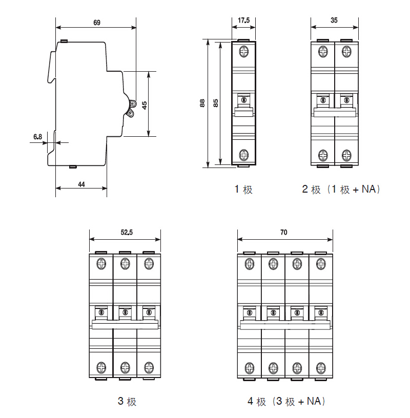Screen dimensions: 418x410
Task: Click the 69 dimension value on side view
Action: [96, 22]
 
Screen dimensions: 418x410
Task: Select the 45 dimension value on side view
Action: [145, 104]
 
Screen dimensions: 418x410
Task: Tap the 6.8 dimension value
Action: [37, 136]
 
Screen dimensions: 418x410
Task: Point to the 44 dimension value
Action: [81, 183]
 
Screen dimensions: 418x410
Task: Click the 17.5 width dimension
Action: [244, 21]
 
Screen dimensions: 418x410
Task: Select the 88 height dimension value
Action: [202, 103]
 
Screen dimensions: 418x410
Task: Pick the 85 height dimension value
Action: [216, 103]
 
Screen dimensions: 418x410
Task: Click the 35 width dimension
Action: [335, 21]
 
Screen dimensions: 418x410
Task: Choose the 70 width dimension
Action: [284, 232]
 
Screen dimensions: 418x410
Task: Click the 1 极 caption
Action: [244, 190]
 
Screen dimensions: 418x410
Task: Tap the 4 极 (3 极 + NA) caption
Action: [287, 402]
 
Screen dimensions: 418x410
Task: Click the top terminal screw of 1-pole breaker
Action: [244, 52]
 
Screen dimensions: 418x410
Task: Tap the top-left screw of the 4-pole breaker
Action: [250, 264]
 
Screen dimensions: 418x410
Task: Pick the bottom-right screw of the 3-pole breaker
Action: [149, 367]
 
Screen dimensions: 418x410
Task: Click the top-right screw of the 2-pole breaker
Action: [346, 52]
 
